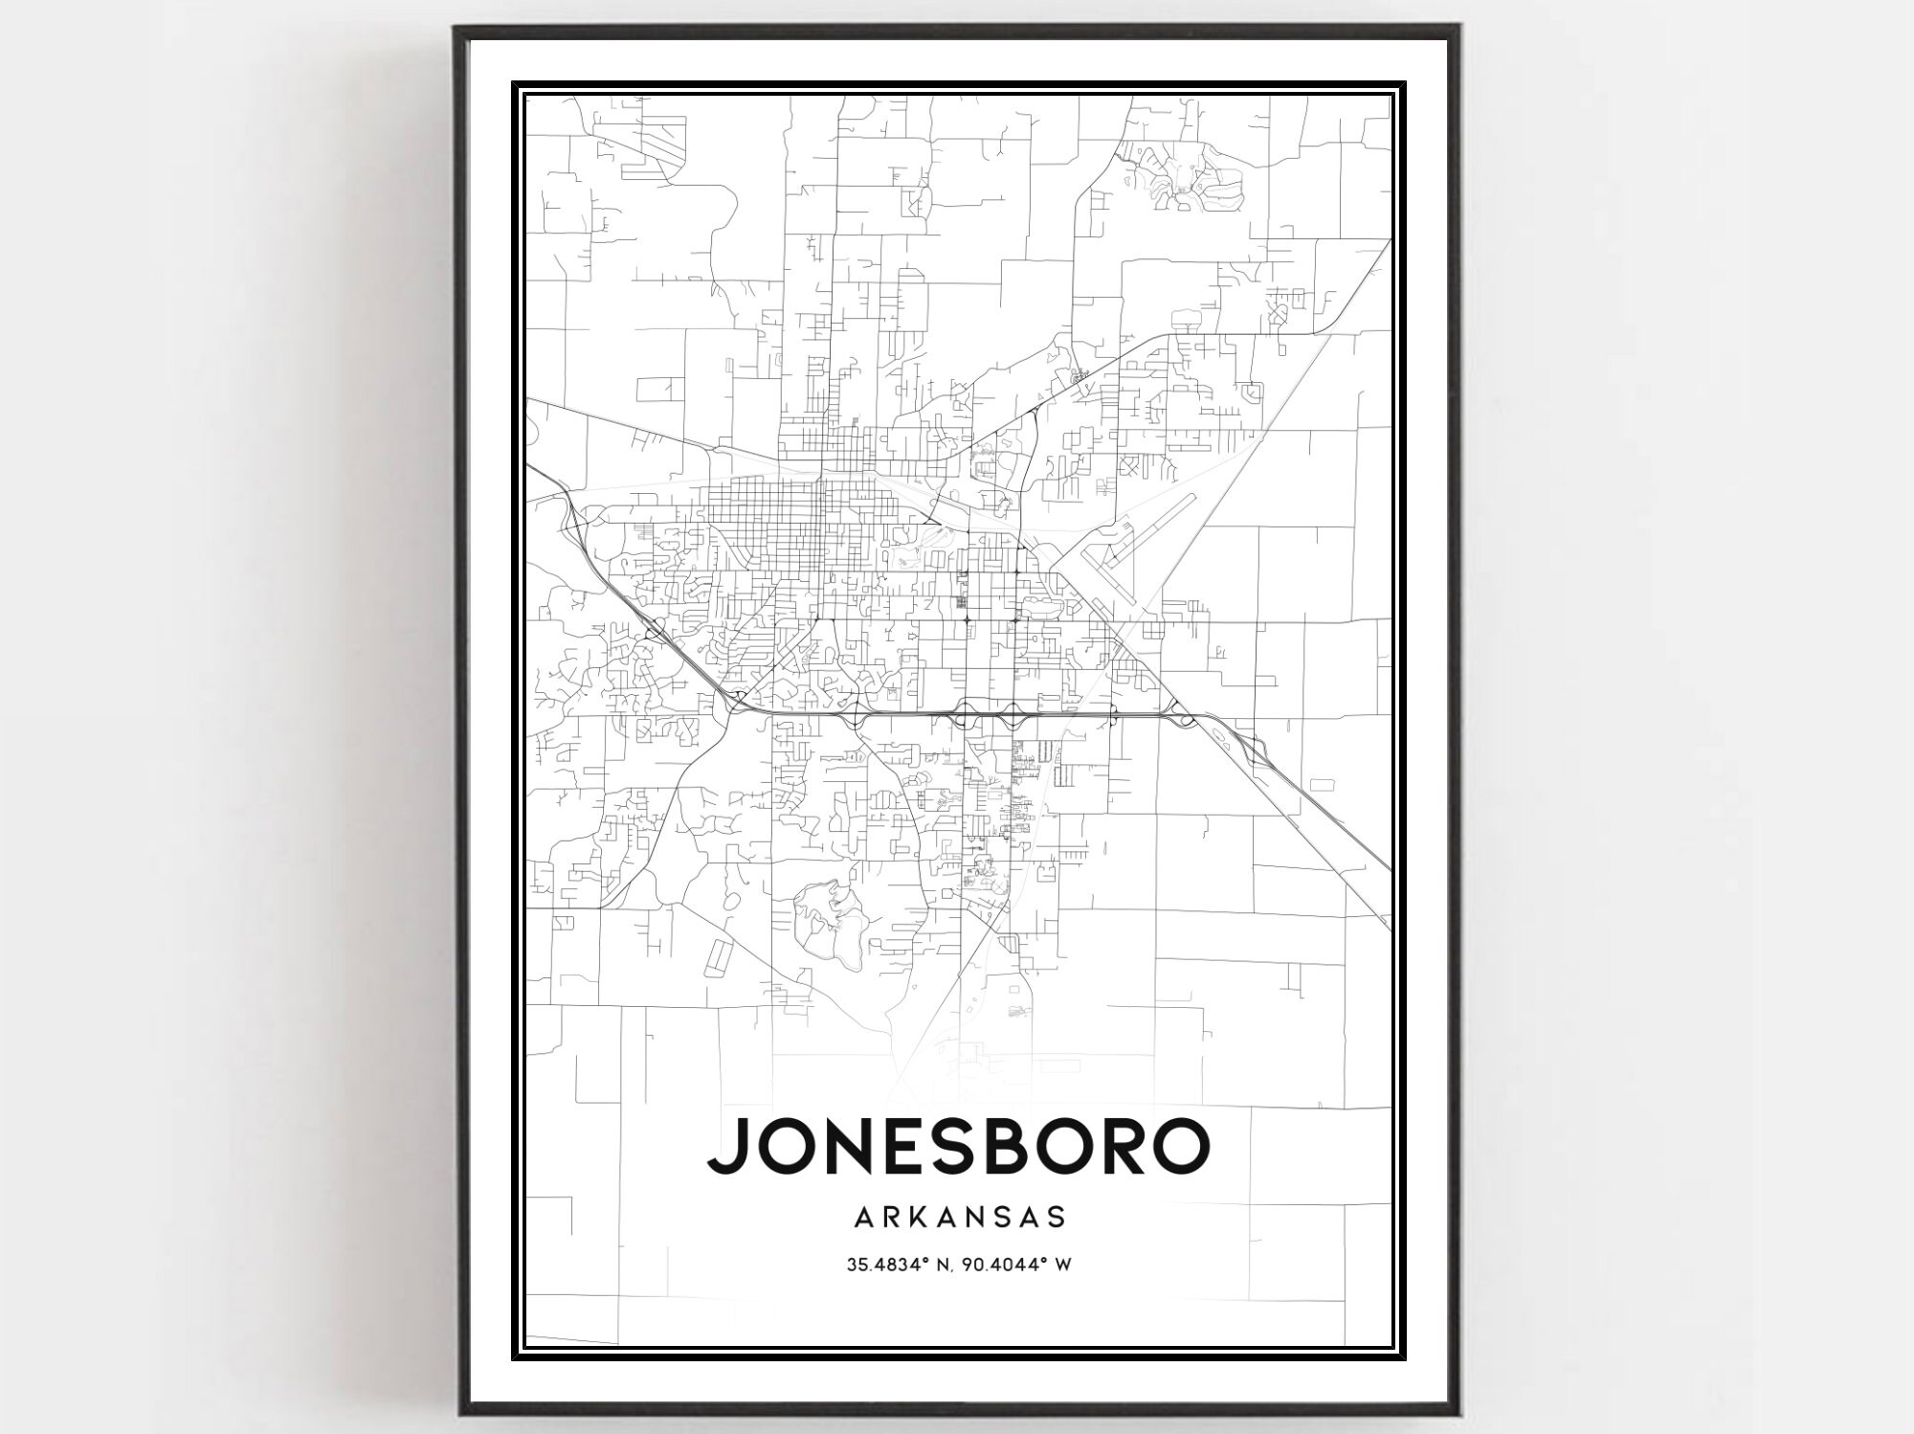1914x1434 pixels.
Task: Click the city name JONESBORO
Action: pos(958,1145)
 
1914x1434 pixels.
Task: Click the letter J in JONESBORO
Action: pos(725,1145)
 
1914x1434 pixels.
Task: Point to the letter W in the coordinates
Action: pos(1062,1265)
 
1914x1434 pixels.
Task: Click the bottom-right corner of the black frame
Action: pos(1458,1413)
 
